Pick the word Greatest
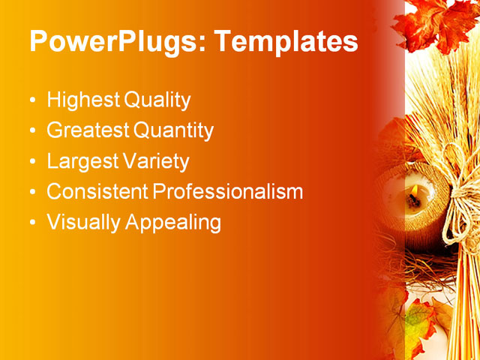(x=88, y=131)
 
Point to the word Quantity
(x=174, y=131)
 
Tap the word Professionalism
(x=228, y=192)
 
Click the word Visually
(x=83, y=223)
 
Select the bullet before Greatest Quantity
(x=31, y=132)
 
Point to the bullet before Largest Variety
(x=31, y=162)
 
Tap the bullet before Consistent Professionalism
(x=31, y=193)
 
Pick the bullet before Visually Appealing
(x=31, y=223)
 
